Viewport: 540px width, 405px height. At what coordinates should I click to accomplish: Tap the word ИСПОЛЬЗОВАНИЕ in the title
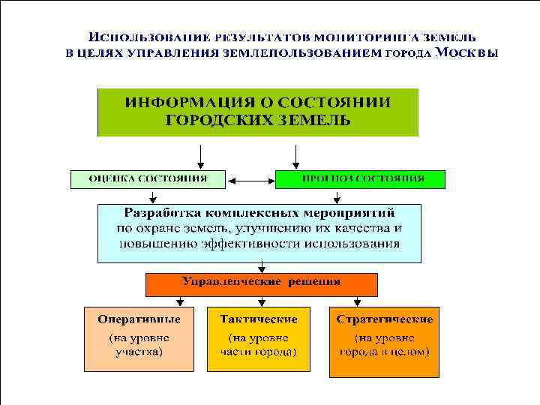point(149,36)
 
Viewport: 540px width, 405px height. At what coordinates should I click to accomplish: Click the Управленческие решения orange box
point(260,283)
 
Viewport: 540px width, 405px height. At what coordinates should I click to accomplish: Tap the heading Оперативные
point(139,319)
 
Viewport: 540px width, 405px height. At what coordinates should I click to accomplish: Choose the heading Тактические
point(259,319)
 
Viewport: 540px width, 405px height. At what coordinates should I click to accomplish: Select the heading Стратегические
point(384,319)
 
